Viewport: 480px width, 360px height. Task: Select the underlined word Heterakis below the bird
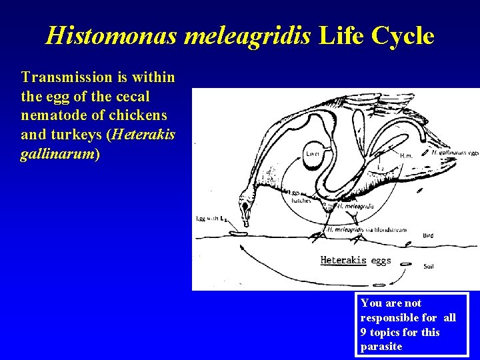(x=343, y=260)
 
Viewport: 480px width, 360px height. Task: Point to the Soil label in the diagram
(x=430, y=266)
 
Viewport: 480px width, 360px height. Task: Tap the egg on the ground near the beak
(x=237, y=233)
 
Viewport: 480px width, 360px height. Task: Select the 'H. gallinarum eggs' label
(x=455, y=152)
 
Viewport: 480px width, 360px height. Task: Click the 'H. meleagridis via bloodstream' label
(x=366, y=231)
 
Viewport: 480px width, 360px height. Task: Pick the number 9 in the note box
(x=364, y=331)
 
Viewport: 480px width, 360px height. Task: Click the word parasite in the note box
(x=381, y=346)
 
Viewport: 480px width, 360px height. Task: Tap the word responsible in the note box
(x=388, y=317)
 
